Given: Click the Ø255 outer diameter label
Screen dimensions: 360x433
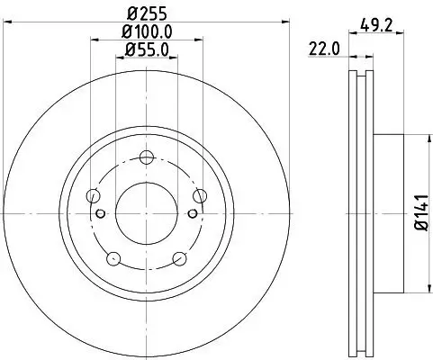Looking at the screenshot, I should (x=147, y=14).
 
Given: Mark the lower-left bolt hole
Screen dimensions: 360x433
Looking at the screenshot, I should (x=113, y=259).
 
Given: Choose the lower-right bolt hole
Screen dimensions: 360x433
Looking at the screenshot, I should (x=179, y=259).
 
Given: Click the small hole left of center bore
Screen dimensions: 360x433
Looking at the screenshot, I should (x=101, y=213).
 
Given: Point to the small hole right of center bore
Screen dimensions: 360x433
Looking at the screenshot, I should (x=193, y=213).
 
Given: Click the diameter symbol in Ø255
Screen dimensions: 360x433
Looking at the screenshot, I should (x=131, y=14).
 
